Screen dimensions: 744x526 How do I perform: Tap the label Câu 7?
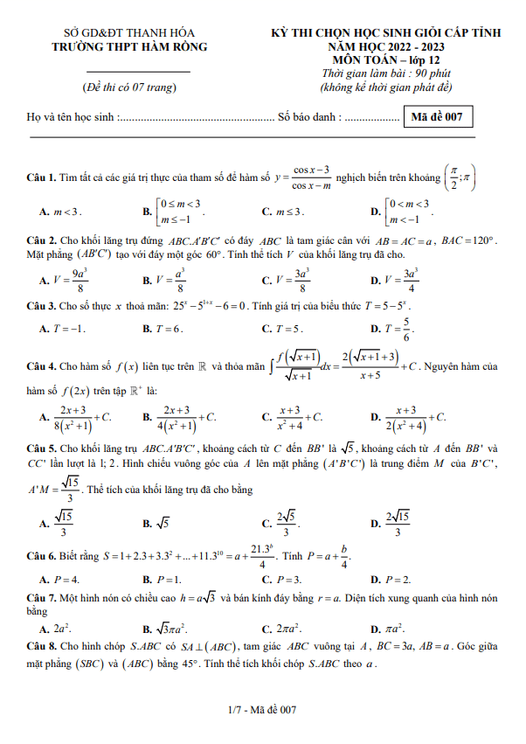pos(40,595)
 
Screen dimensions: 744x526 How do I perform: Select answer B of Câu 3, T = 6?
pos(163,329)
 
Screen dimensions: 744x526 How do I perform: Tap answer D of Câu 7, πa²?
pos(391,628)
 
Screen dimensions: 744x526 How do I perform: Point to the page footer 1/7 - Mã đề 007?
pos(262,710)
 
